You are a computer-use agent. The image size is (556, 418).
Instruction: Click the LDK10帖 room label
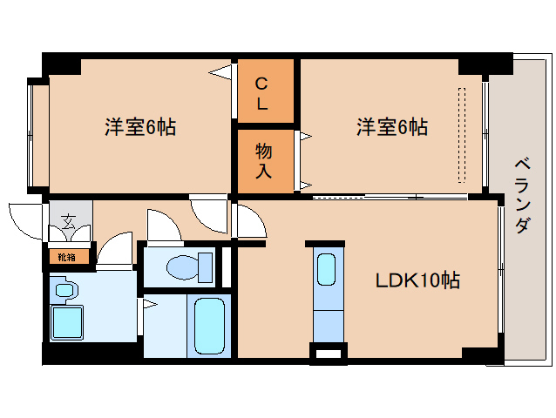[x=417, y=280]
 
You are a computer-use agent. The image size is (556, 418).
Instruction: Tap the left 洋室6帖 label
[x=140, y=127]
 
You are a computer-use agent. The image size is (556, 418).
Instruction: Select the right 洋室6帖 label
[x=391, y=127]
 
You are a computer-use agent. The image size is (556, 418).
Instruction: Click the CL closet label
[x=261, y=93]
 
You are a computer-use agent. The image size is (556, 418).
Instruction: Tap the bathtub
[x=209, y=325]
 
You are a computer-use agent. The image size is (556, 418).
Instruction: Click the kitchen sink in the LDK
[x=325, y=268]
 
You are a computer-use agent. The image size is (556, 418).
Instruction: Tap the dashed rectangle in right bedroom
[x=462, y=135]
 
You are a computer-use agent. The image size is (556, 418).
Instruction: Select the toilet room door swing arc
[x=163, y=227]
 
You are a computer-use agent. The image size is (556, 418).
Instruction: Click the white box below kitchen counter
[x=329, y=354]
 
